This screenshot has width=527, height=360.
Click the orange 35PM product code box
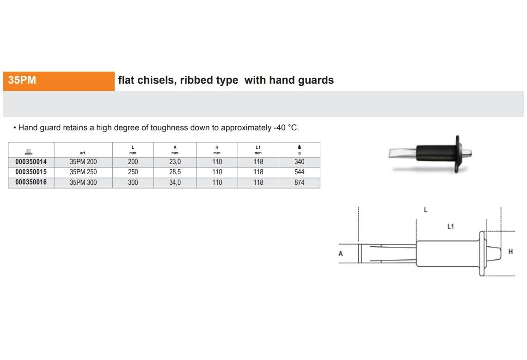tap(59, 81)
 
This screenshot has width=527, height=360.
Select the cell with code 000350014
tap(31, 162)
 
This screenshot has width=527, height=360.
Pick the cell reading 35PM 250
tap(83, 172)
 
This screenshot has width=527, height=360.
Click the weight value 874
tap(299, 182)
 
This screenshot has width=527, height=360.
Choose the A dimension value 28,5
tap(175, 172)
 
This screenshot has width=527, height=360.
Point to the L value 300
tap(133, 182)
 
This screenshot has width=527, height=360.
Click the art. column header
tap(83, 153)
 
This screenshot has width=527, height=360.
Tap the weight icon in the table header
tap(300, 147)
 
